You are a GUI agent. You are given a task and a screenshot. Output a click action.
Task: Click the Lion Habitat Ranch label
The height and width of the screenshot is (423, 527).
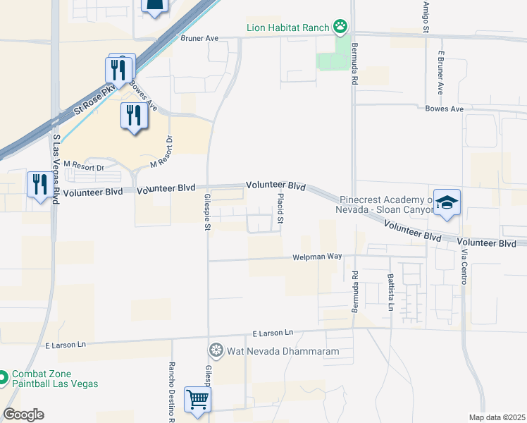[x=287, y=27]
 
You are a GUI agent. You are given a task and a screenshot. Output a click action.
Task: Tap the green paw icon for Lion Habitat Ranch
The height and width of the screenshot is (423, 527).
[x=341, y=27]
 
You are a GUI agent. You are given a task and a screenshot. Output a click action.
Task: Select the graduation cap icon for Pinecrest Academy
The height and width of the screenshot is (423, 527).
[x=447, y=203]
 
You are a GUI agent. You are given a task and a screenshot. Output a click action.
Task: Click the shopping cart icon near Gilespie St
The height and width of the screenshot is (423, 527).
[x=198, y=400]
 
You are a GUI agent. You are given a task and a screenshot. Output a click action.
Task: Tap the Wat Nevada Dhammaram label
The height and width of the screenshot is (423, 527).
[x=283, y=350]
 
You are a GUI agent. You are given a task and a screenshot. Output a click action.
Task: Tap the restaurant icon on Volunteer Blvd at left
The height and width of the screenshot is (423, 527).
[x=39, y=185]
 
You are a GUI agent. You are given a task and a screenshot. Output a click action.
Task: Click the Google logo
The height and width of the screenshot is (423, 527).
[x=23, y=415]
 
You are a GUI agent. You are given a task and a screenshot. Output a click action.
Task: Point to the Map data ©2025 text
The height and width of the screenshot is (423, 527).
[x=497, y=417]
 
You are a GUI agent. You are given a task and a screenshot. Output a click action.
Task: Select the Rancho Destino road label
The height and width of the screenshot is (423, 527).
[x=171, y=391]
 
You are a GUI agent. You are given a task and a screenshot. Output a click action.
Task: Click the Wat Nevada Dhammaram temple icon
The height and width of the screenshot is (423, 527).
[x=216, y=350]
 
